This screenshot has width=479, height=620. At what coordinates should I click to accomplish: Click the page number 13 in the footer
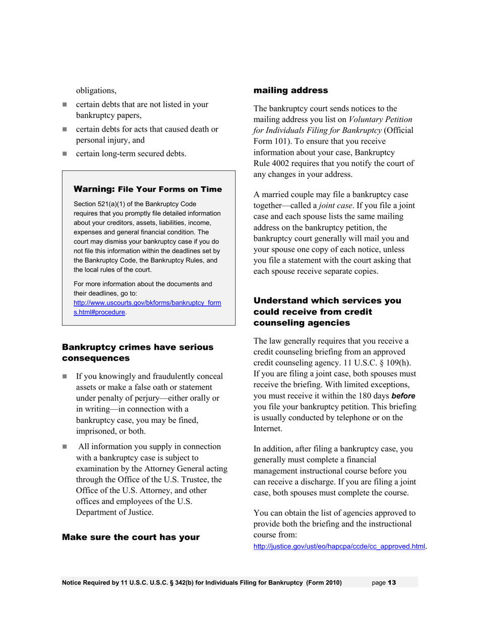pyautogui.click(x=391, y=583)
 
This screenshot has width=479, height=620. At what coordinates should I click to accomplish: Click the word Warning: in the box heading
pyautogui.click(x=95, y=190)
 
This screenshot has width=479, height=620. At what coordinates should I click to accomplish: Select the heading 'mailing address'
pyautogui.click(x=290, y=91)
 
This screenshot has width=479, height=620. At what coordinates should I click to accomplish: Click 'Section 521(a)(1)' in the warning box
pyautogui.click(x=99, y=204)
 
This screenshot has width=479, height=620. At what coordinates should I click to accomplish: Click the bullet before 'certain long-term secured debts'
pyautogui.click(x=65, y=154)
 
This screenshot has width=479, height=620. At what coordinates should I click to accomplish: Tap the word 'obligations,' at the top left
pyautogui.click(x=96, y=91)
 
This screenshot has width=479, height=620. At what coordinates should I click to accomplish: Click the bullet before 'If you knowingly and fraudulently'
pyautogui.click(x=65, y=377)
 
